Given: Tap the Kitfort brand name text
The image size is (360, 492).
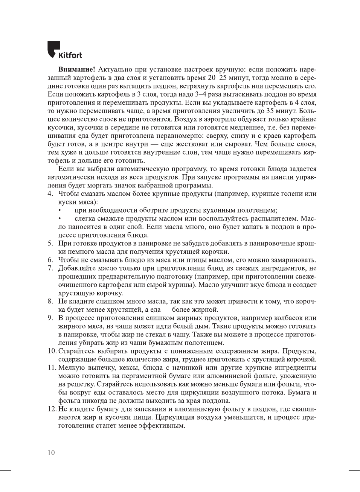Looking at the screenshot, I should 70,55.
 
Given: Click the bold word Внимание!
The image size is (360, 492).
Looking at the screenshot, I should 76,70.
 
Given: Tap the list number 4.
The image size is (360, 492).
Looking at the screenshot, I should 50,194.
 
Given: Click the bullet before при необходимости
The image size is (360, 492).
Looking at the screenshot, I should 59,210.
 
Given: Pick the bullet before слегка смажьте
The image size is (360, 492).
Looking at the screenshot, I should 59,219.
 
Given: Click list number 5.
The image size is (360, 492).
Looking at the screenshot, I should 50,244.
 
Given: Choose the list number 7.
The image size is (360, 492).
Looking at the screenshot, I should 50,268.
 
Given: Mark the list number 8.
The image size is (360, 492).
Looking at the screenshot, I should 50,302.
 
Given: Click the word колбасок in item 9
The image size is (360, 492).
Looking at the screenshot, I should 288,318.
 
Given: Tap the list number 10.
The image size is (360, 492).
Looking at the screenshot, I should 52,351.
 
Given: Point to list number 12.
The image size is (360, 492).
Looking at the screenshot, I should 52,409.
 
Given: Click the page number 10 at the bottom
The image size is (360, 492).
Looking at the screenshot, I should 51,453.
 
